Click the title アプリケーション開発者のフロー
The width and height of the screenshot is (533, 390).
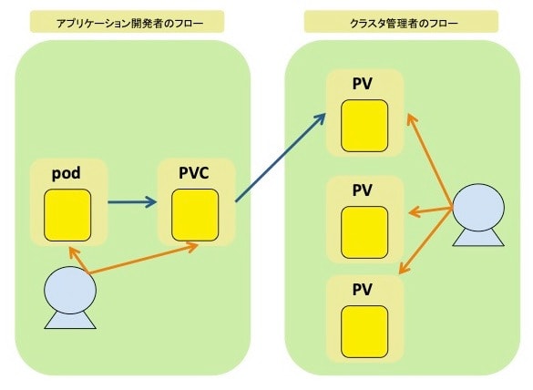tap(130, 24)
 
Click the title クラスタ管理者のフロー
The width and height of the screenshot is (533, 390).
tap(405, 24)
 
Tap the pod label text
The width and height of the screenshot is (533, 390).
tap(67, 173)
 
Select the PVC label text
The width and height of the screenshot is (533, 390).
tap(194, 173)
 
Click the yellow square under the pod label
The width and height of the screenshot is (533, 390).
tap(67, 215)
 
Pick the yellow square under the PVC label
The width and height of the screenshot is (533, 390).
tap(195, 215)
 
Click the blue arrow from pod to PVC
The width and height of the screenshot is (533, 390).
tap(132, 202)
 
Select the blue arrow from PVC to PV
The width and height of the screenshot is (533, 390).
tap(281, 158)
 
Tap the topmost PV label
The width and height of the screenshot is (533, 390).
tap(363, 84)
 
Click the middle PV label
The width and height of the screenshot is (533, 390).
tap(363, 190)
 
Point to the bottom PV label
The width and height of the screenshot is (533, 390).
tap(363, 290)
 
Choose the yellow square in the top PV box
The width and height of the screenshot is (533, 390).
tap(364, 126)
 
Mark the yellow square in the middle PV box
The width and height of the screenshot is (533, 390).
tap(364, 232)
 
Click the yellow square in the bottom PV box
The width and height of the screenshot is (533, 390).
tap(364, 332)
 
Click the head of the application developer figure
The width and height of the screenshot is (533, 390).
tap(70, 290)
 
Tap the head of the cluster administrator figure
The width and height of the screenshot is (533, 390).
tap(478, 208)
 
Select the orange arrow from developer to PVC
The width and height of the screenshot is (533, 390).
tap(143, 259)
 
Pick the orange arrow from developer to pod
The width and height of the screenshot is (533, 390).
tap(79, 260)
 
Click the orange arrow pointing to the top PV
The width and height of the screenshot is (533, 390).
tap(430, 160)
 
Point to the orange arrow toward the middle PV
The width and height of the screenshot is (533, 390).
tap(431, 211)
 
